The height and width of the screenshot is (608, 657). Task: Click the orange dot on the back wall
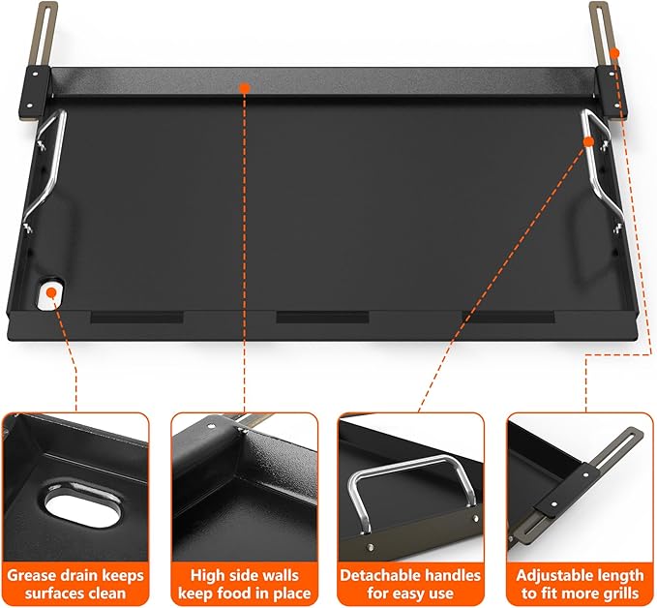pyautogui.click(x=244, y=89)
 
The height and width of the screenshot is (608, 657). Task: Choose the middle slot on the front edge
pyautogui.click(x=315, y=317)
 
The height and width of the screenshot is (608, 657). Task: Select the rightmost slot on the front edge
pyautogui.click(x=513, y=317)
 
